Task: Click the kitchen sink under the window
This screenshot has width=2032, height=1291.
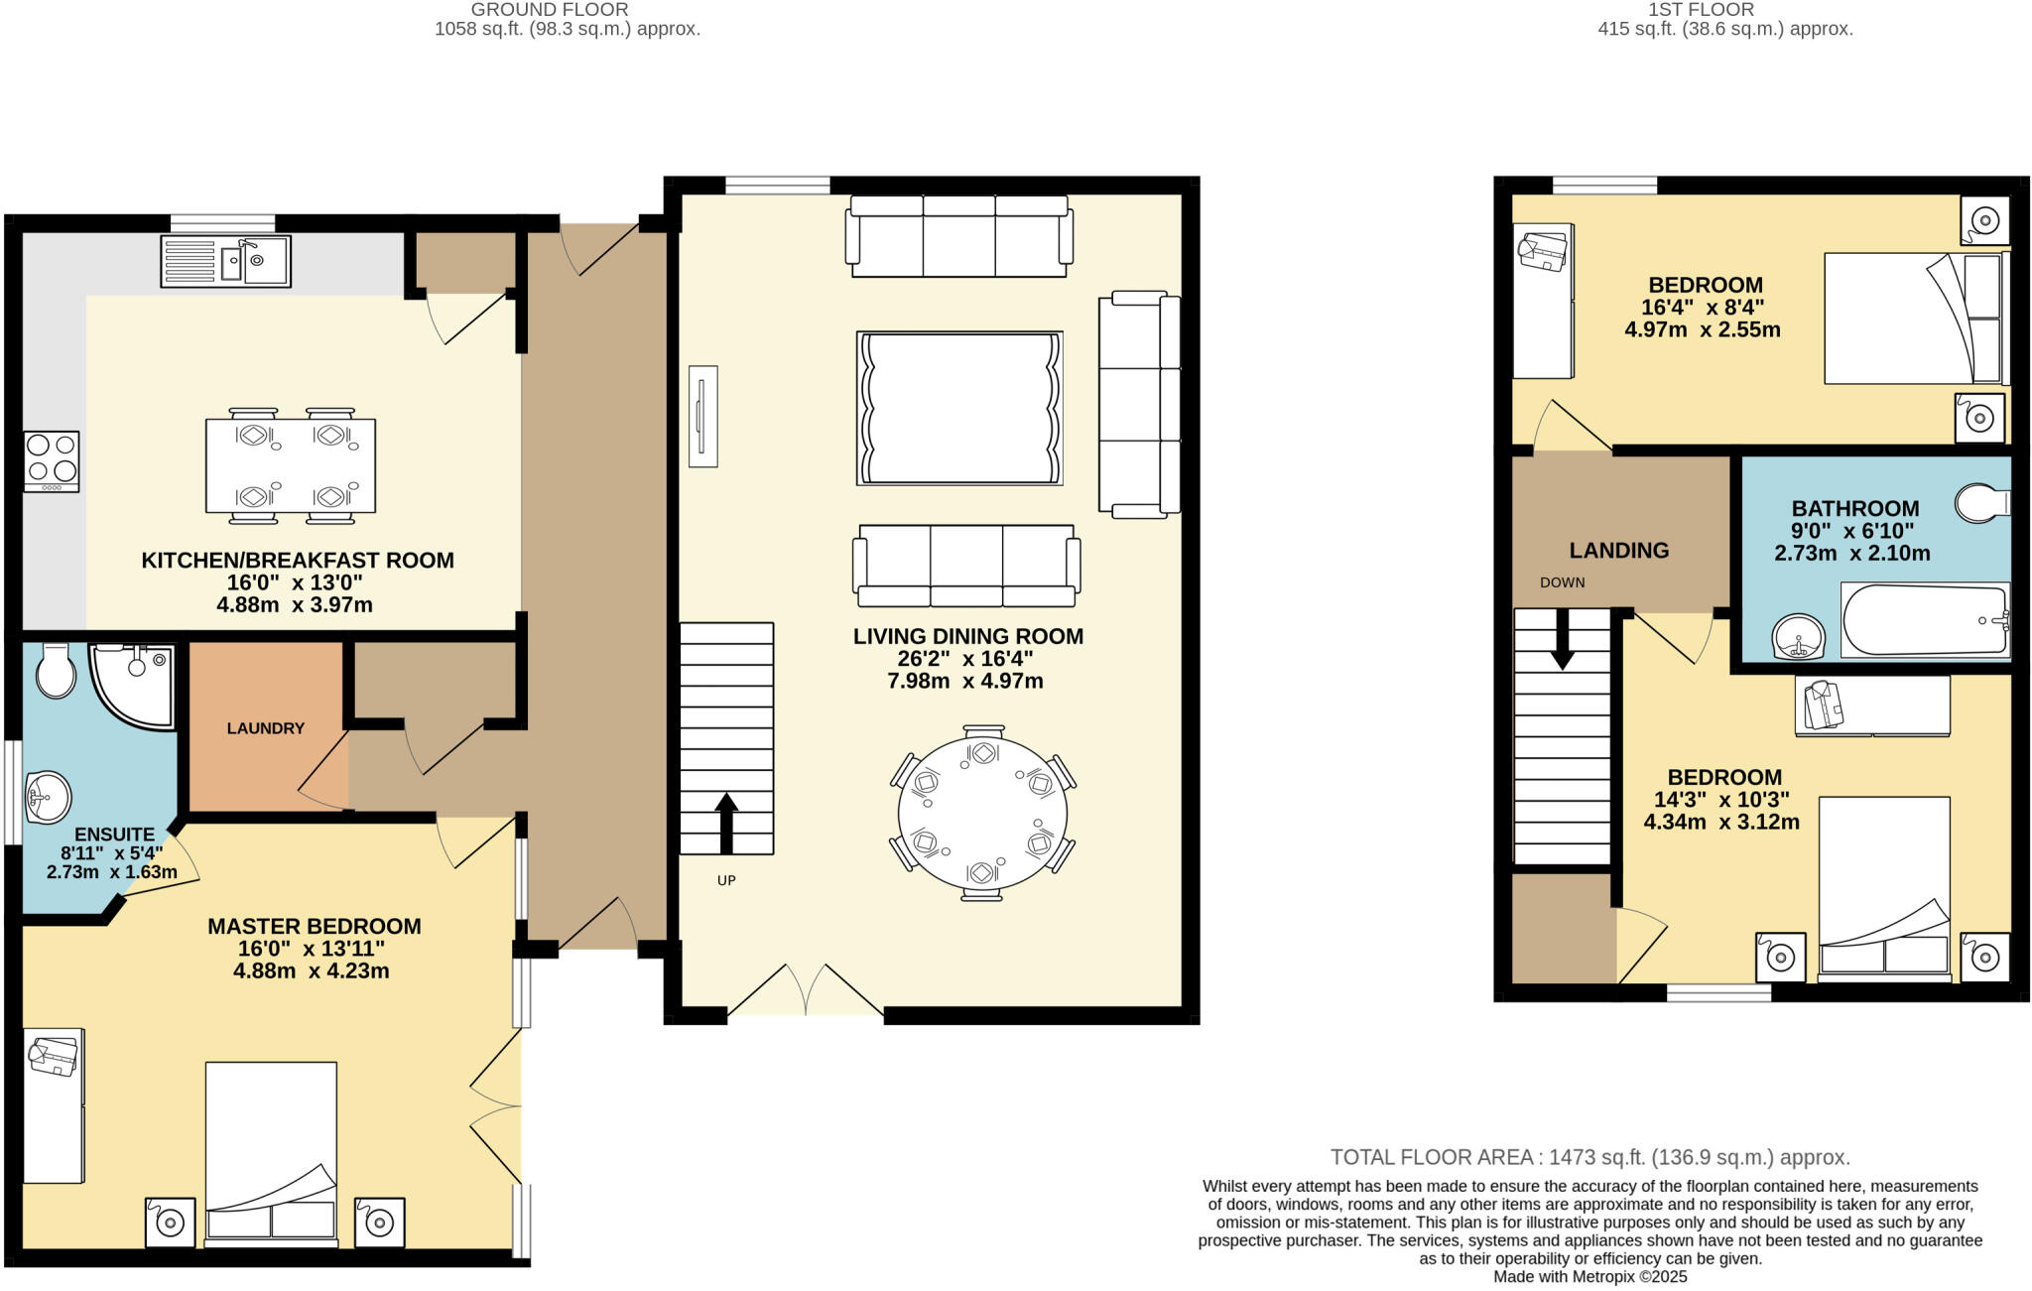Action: pos(225,262)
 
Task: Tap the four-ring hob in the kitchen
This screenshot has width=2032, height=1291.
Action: pos(52,460)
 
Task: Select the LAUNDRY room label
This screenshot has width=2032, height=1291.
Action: pos(265,728)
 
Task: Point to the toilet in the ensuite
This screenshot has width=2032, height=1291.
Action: pos(54,672)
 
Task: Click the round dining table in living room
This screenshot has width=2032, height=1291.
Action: pos(982,814)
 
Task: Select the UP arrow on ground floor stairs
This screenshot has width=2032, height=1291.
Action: pos(726,822)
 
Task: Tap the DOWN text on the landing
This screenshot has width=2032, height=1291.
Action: pos(1562,582)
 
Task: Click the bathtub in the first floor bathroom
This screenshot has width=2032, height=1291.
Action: pos(1925,620)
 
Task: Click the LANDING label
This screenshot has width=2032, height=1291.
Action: pos(1618,550)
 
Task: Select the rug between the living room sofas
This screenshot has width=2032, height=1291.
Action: pos(959,408)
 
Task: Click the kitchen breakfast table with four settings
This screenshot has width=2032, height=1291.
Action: pos(291,465)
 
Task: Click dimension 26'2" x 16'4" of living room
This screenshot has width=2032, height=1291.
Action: pos(957,659)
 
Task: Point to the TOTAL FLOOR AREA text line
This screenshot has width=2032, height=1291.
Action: pos(1589,1157)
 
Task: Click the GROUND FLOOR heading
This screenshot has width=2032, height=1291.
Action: pos(549,10)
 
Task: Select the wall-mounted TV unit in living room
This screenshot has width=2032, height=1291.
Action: pos(702,416)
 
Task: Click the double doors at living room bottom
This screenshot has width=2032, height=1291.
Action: pos(806,990)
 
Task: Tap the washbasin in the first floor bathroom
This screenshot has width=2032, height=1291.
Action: pos(1799,636)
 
